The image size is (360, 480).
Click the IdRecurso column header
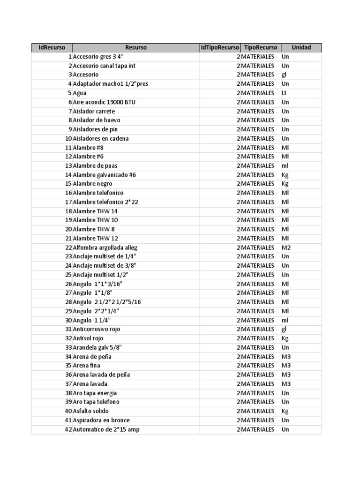[52, 47]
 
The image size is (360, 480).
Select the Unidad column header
[301, 47]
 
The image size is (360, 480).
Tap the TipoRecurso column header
[261, 47]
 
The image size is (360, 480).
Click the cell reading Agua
[80, 93]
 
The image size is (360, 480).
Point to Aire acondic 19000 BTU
[104, 102]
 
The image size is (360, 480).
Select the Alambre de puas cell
[95, 165]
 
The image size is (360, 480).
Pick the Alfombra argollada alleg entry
[105, 247]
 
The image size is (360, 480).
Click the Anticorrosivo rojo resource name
[97, 329]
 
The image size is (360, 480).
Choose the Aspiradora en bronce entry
[101, 420]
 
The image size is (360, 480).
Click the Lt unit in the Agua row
[284, 93]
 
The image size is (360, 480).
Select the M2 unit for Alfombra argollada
[286, 247]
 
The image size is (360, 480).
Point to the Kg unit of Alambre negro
[285, 184]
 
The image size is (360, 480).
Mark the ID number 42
[68, 429]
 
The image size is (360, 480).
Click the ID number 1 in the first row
[70, 57]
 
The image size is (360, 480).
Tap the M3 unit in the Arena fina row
[286, 366]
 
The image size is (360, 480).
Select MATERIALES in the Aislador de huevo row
[257, 120]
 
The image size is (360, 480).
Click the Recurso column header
[136, 47]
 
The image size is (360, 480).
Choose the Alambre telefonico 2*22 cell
[105, 202]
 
